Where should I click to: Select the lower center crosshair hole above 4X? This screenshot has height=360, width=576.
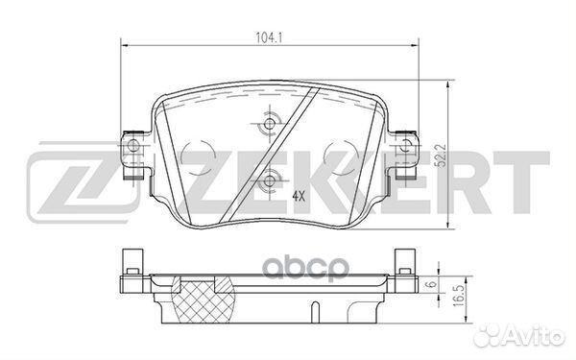269,179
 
